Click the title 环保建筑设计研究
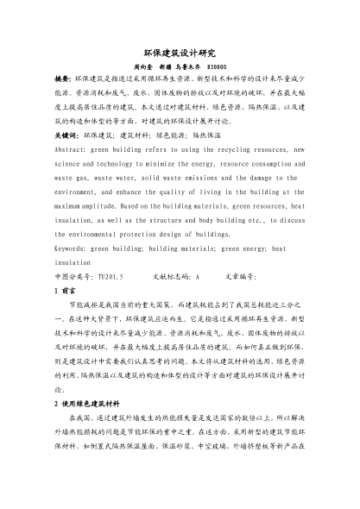180,52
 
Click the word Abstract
72,149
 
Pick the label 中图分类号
72,278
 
